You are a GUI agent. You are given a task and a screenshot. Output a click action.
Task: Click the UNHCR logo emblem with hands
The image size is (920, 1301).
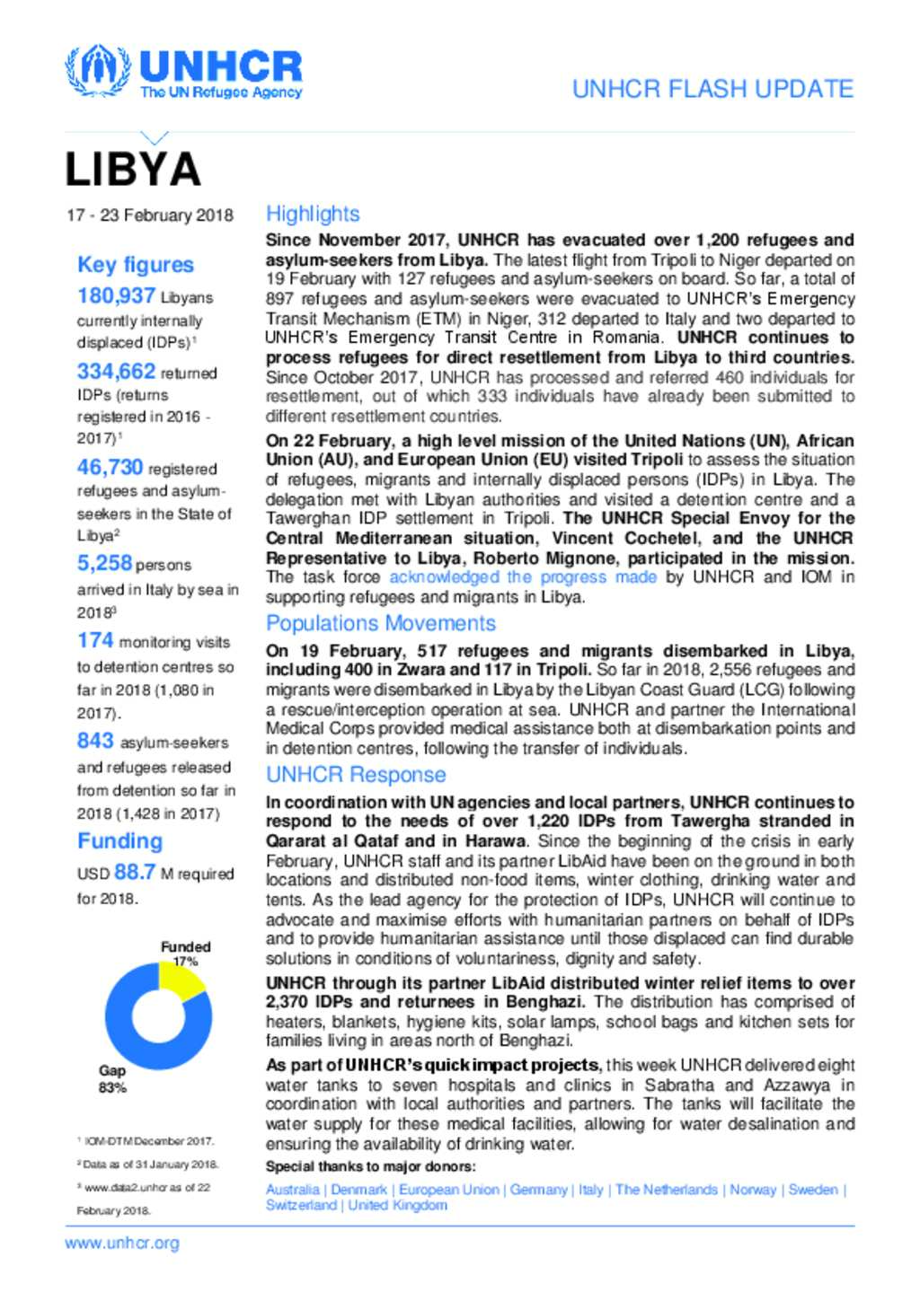pos(97,70)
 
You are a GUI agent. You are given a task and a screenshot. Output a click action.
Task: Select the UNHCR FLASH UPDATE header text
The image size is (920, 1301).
pos(712,89)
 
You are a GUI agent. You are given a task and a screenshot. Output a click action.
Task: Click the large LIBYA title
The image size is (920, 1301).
pos(133,170)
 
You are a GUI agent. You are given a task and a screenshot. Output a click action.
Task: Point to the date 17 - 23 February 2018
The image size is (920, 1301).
pos(150,215)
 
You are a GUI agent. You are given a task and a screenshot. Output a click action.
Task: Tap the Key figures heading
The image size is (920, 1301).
pos(136,265)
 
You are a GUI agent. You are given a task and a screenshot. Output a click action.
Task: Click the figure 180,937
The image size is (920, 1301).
pos(116,296)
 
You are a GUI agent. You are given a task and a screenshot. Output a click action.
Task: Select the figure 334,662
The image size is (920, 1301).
pos(116,372)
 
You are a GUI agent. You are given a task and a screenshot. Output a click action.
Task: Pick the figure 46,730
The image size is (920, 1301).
pos(110,468)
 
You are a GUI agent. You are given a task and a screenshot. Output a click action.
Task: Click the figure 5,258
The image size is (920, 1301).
pos(104,564)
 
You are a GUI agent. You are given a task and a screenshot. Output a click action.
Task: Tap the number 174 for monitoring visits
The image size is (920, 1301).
pos(95,641)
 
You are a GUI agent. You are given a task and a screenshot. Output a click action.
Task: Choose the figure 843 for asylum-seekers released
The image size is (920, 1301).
pos(95,742)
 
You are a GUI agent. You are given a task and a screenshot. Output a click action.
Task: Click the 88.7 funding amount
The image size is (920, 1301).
pos(135,873)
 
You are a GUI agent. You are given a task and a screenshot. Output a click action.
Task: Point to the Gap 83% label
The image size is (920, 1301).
pos(112,1079)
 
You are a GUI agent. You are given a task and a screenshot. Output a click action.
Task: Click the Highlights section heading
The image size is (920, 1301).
pos(313,214)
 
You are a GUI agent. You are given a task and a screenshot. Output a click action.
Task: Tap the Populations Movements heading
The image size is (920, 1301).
pos(380,623)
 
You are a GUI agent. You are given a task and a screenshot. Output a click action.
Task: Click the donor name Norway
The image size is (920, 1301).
pos(753,1190)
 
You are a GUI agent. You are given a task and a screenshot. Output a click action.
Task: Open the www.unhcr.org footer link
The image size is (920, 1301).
pos(122,1244)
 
